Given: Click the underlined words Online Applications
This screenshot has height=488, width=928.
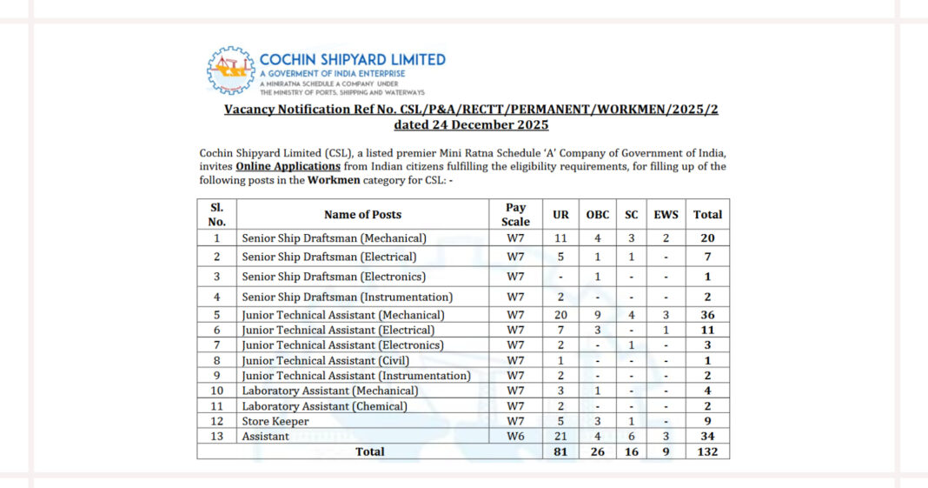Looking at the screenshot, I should click(x=288, y=166).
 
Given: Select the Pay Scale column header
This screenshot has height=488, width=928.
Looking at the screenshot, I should click(x=515, y=214).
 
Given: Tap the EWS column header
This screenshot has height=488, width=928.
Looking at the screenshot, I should click(x=666, y=214).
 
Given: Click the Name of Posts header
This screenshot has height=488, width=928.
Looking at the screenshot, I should click(x=362, y=214).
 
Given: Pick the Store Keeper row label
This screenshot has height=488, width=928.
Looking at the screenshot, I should click(x=275, y=421).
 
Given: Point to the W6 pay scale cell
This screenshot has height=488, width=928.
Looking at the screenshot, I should click(x=515, y=436).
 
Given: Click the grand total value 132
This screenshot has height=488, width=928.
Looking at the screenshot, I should click(x=707, y=451).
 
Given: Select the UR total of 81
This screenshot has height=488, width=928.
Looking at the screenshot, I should click(x=561, y=451).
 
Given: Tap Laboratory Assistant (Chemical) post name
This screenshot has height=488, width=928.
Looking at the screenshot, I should click(x=324, y=406).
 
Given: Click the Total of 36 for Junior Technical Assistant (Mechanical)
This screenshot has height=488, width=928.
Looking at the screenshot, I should click(x=707, y=315).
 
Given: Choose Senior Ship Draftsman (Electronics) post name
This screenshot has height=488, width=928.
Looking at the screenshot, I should click(x=334, y=277).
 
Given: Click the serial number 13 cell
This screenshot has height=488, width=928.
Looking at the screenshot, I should click(x=216, y=436).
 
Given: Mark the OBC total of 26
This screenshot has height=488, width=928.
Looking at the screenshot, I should click(x=598, y=451).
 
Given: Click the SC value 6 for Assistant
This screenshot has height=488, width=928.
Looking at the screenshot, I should click(x=631, y=436).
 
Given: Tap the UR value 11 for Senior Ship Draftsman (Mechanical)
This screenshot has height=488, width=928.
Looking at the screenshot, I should click(x=561, y=237).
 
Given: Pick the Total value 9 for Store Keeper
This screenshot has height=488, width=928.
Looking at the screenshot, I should click(x=707, y=421).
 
